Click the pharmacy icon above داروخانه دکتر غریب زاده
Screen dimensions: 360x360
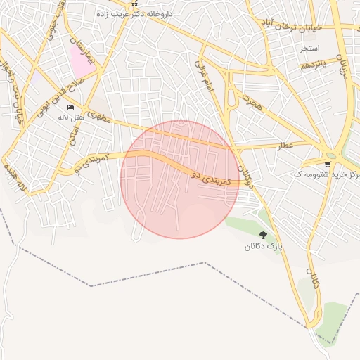tap(135, 3)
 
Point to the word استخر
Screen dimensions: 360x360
tap(309, 49)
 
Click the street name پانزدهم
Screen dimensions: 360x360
tap(314, 65)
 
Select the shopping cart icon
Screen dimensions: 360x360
tap(328, 163)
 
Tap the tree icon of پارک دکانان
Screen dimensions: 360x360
tap(263, 235)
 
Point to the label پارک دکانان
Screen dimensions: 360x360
tap(263, 246)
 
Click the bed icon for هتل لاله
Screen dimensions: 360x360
tap(70, 106)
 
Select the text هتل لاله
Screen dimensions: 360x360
tap(71, 117)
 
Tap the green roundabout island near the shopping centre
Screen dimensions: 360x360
tap(330, 155)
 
